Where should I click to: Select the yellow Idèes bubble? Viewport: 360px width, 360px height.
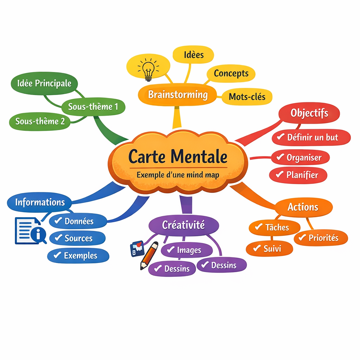(x=193, y=54)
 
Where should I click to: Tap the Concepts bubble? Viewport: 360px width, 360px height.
(x=231, y=73)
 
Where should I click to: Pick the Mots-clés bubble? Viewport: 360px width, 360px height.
(x=247, y=97)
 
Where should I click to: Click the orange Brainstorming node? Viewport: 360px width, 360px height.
(x=178, y=95)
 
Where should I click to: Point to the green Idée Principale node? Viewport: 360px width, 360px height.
(x=44, y=83)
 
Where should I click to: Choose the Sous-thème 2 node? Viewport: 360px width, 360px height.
(x=40, y=121)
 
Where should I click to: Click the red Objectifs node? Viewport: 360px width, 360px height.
(x=309, y=113)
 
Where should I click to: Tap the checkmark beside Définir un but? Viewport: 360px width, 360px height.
(x=281, y=137)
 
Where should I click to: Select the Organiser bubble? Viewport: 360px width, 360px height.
(x=300, y=157)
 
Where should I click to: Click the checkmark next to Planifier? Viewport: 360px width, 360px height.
(x=279, y=174)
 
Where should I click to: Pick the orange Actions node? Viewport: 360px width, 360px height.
(x=303, y=207)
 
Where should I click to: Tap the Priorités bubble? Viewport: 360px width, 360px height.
(x=321, y=238)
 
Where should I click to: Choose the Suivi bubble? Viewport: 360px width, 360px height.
(x=269, y=249)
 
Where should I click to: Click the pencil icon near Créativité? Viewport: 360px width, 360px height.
(x=149, y=256)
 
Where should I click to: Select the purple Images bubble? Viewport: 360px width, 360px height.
(x=187, y=250)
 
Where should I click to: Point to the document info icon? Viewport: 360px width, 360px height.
(x=31, y=231)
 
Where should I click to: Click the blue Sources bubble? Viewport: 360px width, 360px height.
(x=77, y=238)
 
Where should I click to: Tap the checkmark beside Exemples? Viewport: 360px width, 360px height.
(x=57, y=255)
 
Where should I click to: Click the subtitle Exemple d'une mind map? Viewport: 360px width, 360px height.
(x=178, y=175)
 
